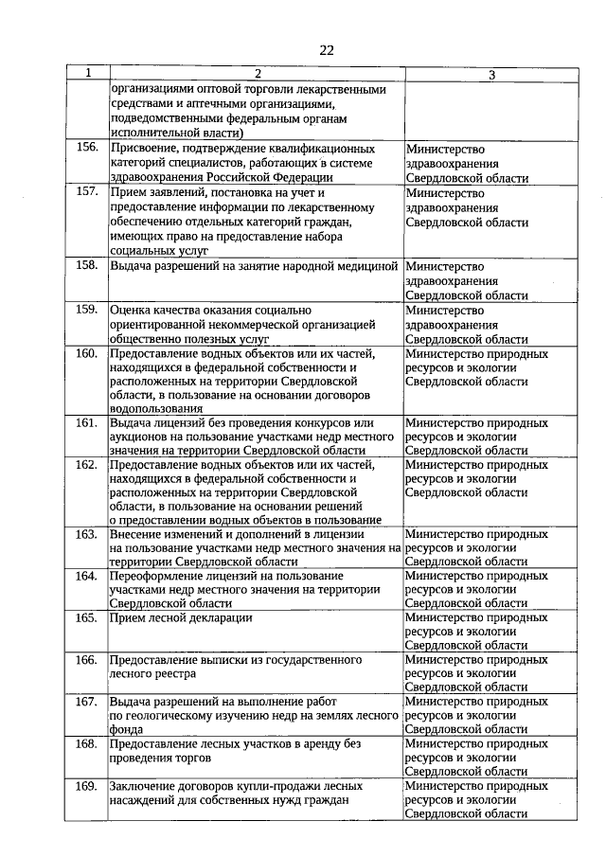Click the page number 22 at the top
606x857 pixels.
[x=325, y=50]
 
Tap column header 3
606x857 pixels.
[x=491, y=74]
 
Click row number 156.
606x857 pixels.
[x=87, y=148]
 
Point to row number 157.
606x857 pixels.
[x=87, y=190]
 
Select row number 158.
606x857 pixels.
[x=87, y=265]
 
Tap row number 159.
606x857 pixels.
[x=87, y=309]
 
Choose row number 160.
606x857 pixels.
[x=87, y=353]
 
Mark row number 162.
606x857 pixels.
[x=87, y=465]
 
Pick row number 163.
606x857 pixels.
[x=87, y=533]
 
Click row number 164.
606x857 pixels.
[x=87, y=576]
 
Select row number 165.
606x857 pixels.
[x=87, y=617]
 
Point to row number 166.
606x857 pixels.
[x=87, y=659]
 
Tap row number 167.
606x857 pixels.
[x=87, y=702]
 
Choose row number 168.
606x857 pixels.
[x=87, y=744]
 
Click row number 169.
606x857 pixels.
[x=87, y=786]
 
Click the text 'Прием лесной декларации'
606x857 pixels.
[x=181, y=618]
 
